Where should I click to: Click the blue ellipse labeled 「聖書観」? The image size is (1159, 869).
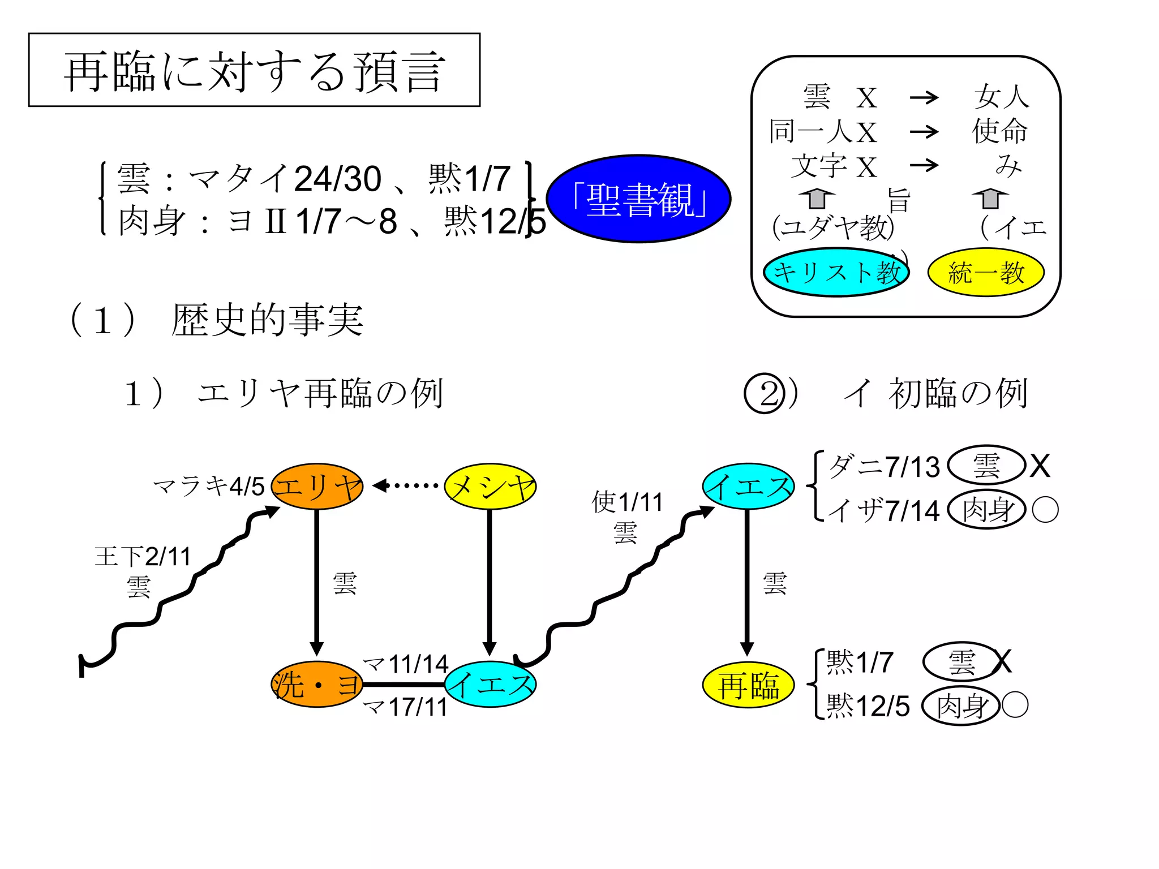point(638,199)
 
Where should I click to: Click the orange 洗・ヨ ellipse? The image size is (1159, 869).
point(317,685)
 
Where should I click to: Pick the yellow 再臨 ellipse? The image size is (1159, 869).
point(748,686)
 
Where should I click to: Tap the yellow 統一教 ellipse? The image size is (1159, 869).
point(986,273)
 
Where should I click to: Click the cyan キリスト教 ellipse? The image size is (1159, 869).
point(836,273)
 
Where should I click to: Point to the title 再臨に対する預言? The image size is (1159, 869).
point(254,70)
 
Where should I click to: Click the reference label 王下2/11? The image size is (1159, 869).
point(143,557)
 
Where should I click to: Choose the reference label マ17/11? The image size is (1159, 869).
point(405,707)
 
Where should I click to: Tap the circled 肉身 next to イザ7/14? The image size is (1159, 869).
point(986,510)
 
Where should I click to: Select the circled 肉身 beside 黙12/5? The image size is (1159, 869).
point(961,706)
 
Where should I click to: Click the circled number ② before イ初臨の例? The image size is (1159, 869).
point(764,394)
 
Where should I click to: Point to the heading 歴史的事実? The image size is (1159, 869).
point(267,320)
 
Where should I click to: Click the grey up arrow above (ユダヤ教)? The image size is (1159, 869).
point(817,199)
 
